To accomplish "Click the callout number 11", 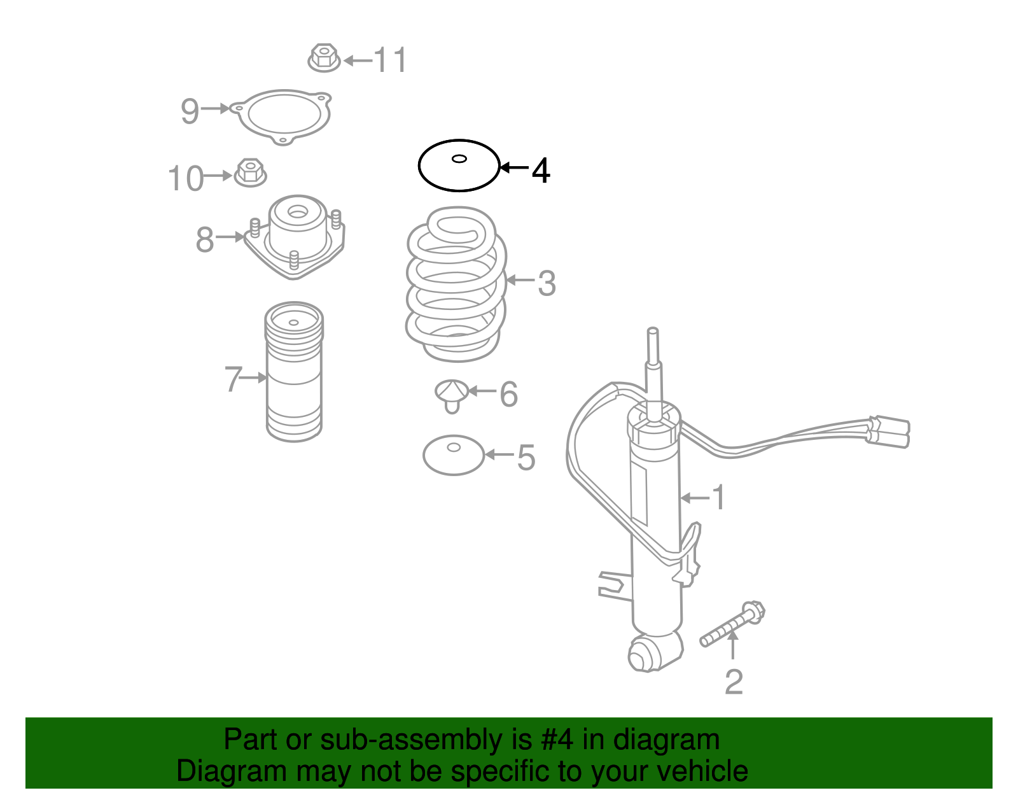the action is tap(390, 60).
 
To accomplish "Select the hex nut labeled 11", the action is tap(324, 58).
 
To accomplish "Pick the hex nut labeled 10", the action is tap(250, 173).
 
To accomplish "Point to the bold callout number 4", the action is tap(541, 171).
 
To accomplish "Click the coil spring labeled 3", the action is tap(456, 285).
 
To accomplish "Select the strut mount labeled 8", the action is tap(294, 237).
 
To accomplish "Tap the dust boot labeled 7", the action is tap(294, 372).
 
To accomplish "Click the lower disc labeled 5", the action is tap(454, 455).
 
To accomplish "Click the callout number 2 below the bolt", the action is tap(734, 682).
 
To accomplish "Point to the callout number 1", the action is tap(718, 498).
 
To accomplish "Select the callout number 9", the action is tap(190, 111).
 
